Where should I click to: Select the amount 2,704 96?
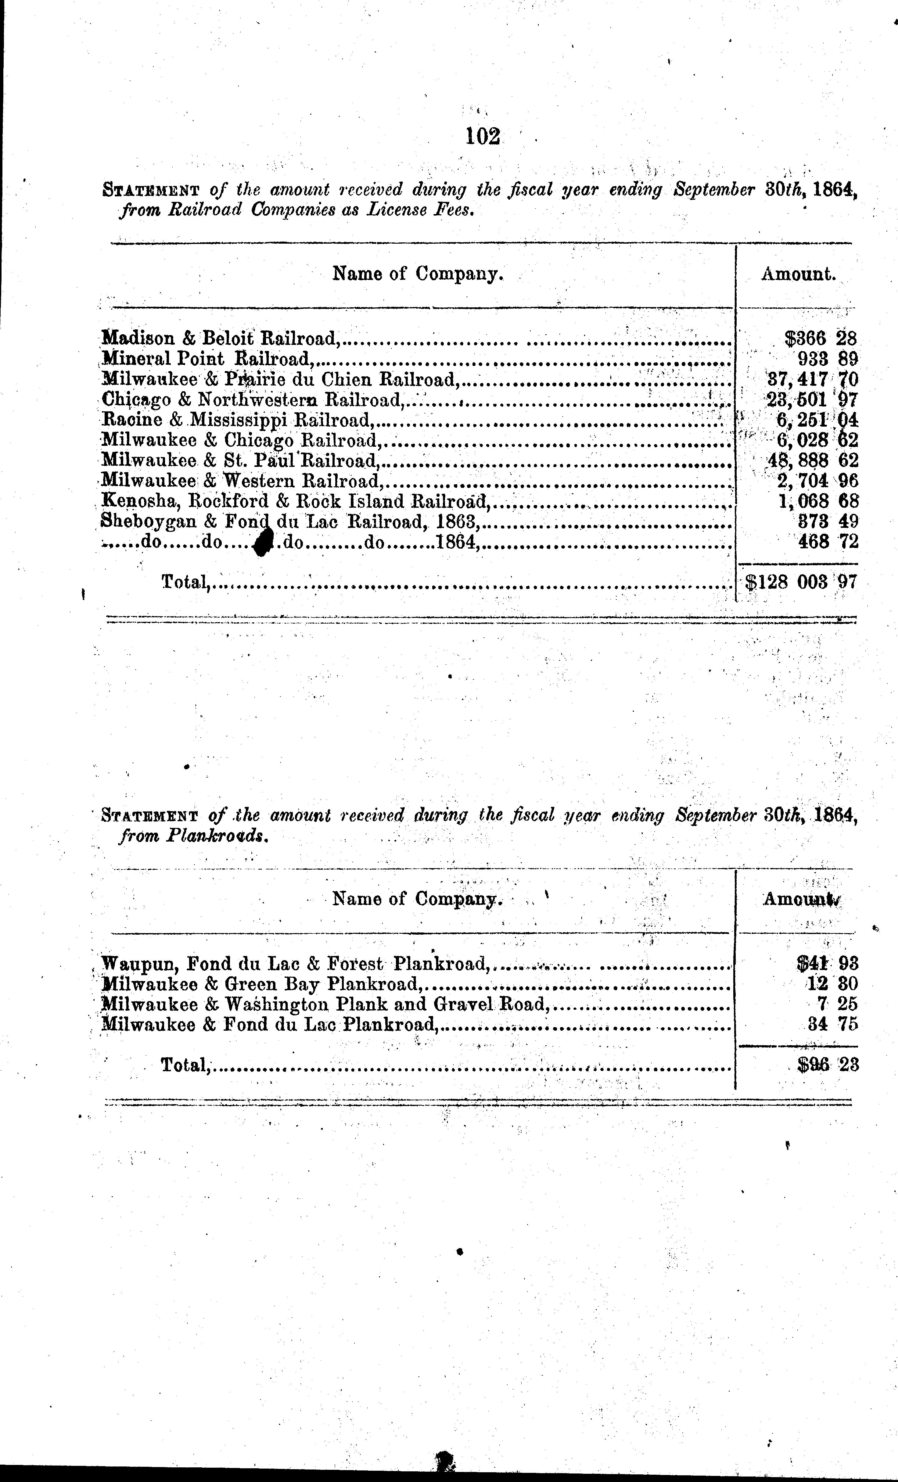(817, 481)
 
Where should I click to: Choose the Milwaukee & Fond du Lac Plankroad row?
(269, 1024)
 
